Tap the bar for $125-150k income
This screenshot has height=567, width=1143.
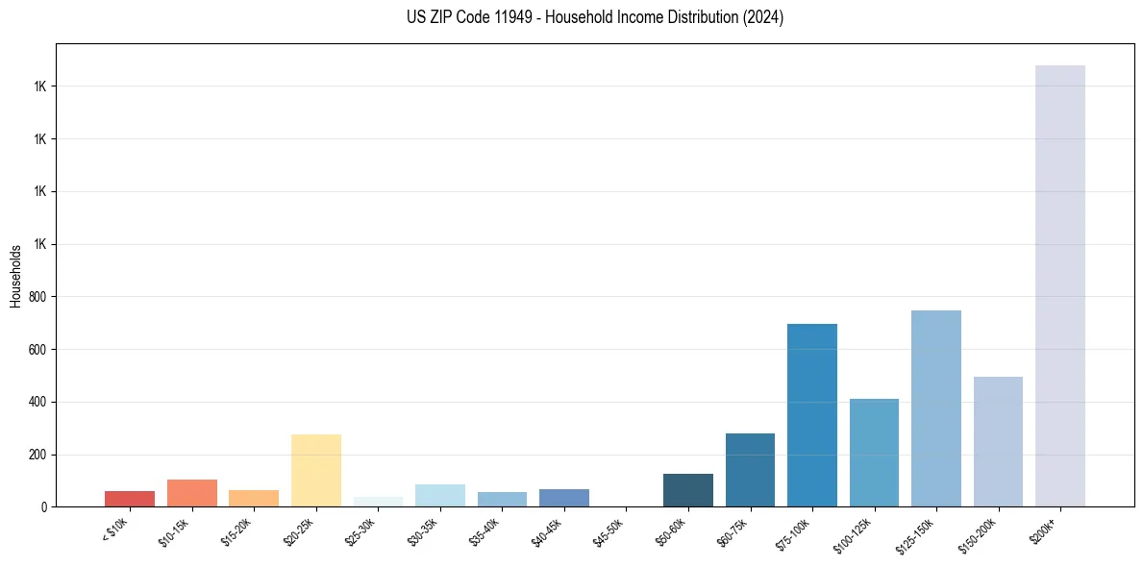pyautogui.click(x=935, y=408)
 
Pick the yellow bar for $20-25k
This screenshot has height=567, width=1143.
pyautogui.click(x=316, y=470)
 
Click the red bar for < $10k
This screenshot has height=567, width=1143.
pyautogui.click(x=130, y=498)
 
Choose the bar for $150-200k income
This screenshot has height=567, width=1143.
pyautogui.click(x=998, y=441)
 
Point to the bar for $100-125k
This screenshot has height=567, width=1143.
pyautogui.click(x=874, y=453)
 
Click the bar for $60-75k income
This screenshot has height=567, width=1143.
pyautogui.click(x=750, y=470)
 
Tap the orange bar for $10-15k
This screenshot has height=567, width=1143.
pyautogui.click(x=192, y=493)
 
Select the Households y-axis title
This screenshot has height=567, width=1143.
pyautogui.click(x=16, y=276)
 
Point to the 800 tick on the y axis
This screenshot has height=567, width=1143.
pyautogui.click(x=39, y=297)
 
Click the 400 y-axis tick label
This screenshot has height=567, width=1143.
pyautogui.click(x=39, y=402)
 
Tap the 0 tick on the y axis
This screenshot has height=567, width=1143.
pyautogui.click(x=45, y=506)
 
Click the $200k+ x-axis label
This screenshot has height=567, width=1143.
pyautogui.click(x=1049, y=529)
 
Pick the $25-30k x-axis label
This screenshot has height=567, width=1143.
pyautogui.click(x=362, y=532)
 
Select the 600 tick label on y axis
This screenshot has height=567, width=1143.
pyautogui.click(x=39, y=350)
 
